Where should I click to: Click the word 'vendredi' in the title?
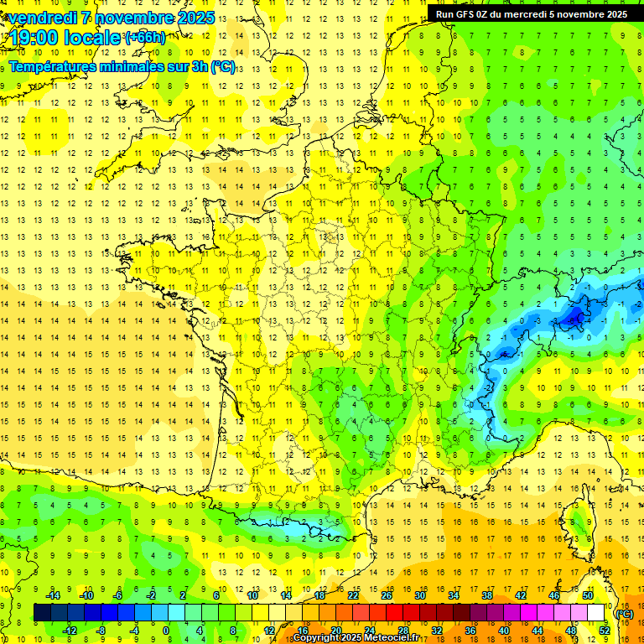coord(39,18)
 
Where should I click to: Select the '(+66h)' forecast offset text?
coord(145,38)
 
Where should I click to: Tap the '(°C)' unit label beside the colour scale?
coord(624,614)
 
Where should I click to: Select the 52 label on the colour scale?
coord(604,630)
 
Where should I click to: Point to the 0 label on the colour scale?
coord(166,630)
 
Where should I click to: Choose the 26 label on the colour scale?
coord(387,595)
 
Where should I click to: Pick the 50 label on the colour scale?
coord(588,595)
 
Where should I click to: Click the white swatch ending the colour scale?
coord(596,613)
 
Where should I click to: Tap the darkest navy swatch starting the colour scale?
coord(42,613)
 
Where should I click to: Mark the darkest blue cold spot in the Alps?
coord(576,316)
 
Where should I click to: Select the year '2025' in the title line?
coord(195,18)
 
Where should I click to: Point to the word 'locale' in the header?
coord(93,38)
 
